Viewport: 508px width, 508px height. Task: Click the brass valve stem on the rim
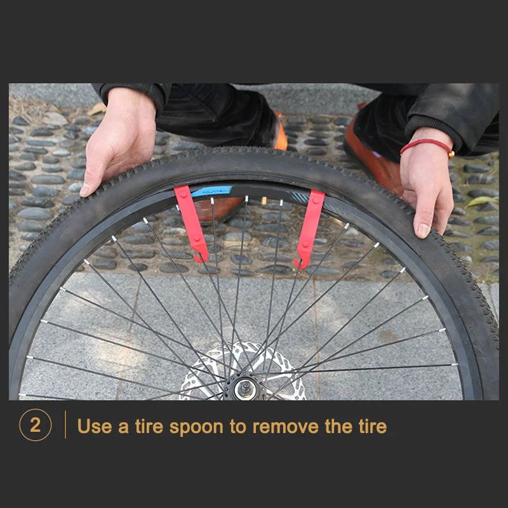(x=262, y=201)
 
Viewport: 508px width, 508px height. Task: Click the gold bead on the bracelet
(x=451, y=154)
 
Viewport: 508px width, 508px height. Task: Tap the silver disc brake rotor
(x=210, y=375)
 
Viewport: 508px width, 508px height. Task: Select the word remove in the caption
(x=286, y=426)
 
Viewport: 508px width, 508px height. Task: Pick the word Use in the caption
(x=95, y=426)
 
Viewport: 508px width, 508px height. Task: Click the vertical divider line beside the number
(x=65, y=425)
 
